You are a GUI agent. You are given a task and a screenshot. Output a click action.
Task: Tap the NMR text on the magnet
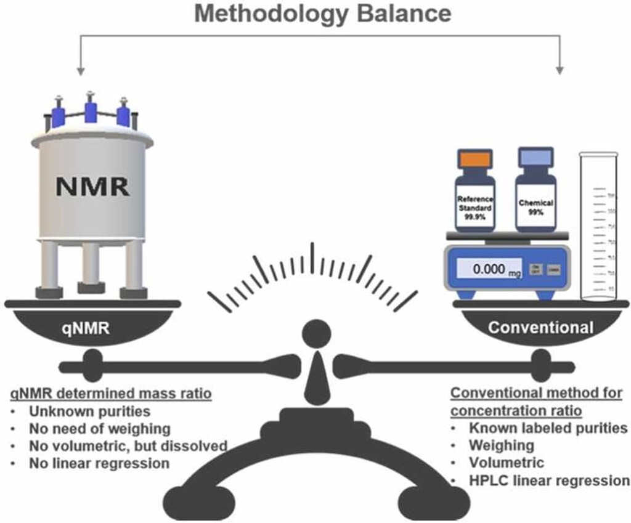coord(92,185)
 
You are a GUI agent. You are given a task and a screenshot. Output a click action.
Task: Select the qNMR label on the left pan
coord(89,328)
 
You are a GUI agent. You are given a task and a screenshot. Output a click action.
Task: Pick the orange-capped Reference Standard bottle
coord(474,191)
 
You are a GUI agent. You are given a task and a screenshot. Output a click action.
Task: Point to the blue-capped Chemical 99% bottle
coord(535,191)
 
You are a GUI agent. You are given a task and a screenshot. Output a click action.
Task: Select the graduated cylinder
coord(597,228)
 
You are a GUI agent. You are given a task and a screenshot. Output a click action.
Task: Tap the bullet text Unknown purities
coord(89,411)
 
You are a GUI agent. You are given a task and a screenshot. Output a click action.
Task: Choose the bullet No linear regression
coord(99,463)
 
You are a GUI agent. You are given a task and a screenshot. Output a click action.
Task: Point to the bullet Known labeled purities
coord(548,428)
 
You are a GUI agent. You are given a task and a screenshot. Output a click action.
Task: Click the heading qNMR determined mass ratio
coord(99,393)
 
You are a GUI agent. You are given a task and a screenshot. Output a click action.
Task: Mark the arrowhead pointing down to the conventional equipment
coord(560,69)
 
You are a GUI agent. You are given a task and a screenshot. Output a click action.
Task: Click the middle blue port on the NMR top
coord(91,111)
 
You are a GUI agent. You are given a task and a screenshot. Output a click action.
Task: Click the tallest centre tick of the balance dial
coord(312,256)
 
